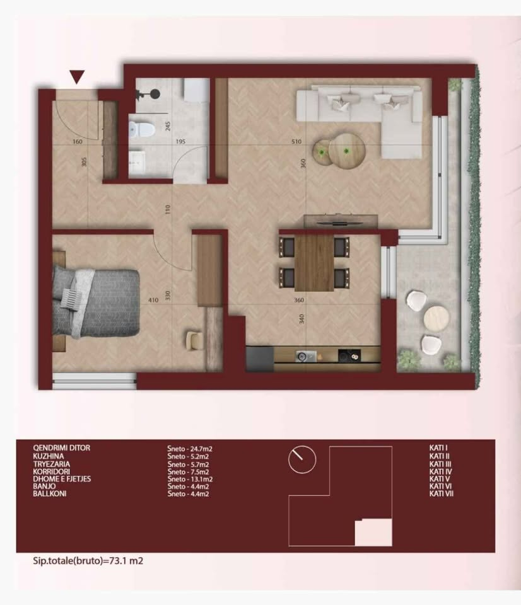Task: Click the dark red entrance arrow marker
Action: [x=77, y=77]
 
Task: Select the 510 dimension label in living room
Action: [x=296, y=142]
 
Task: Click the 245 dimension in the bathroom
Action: [x=168, y=126]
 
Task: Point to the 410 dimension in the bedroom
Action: [x=153, y=300]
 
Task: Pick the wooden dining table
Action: [x=314, y=263]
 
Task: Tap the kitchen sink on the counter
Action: [x=306, y=356]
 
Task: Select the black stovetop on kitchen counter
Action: [x=349, y=355]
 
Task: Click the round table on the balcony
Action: [x=437, y=319]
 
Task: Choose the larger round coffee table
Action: [x=346, y=149]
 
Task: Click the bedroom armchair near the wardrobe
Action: [x=195, y=340]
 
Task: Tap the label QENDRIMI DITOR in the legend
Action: [x=61, y=448]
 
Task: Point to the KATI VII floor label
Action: [x=441, y=493]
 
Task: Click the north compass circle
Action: [x=302, y=459]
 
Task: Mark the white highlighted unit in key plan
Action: [x=373, y=533]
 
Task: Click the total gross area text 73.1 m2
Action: [x=126, y=561]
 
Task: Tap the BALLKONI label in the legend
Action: [x=49, y=493]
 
